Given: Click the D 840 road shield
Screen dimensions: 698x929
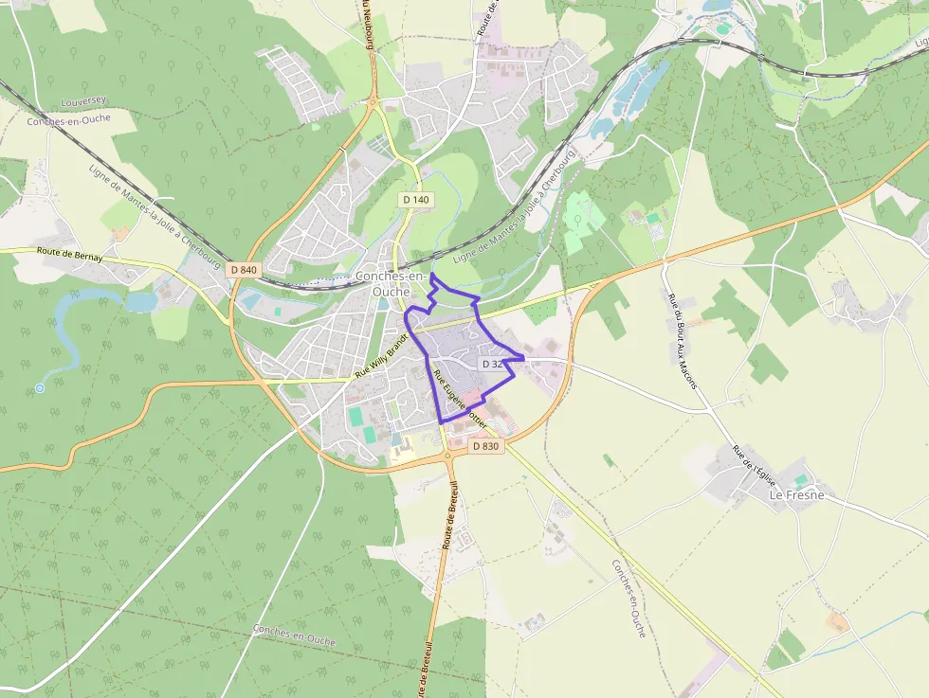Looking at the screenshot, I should [244, 270].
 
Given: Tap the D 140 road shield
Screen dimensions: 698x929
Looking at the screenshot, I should [415, 200].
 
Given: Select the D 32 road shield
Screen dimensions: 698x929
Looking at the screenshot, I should [492, 364].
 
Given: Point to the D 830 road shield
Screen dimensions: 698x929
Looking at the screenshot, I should [484, 446].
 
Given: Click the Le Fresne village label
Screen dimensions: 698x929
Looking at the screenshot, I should [796, 495].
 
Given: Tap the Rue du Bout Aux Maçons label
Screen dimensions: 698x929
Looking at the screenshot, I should [682, 341].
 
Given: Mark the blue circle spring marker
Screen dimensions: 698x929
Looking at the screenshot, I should [40, 388].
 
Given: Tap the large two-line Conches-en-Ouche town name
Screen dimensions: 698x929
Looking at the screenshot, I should [391, 283].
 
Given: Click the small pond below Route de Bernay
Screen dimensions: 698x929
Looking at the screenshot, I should [140, 301].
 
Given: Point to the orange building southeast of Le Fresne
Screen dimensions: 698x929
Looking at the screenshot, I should [838, 622].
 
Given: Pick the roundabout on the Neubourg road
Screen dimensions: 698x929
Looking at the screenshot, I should [373, 101].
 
